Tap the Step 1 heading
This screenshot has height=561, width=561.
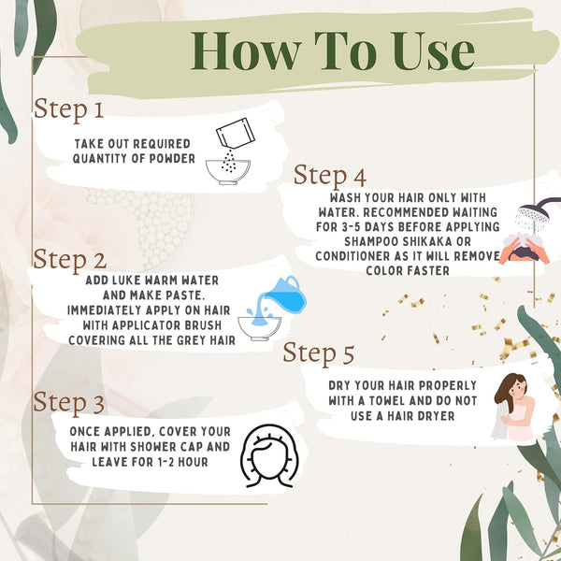click(x=68, y=109)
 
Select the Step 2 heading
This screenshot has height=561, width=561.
click(x=70, y=259)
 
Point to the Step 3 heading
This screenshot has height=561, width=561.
click(x=68, y=402)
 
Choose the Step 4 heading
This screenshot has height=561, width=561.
click(x=329, y=176)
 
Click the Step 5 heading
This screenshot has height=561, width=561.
click(x=319, y=353)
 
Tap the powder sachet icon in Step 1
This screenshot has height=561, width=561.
click(x=235, y=133)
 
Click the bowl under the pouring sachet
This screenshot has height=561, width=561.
click(x=228, y=172)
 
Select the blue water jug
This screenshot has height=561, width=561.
click(x=285, y=295)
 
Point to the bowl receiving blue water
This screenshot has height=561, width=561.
click(x=259, y=328)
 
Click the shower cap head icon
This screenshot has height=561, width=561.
click(x=270, y=455)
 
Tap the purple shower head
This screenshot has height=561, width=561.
click(x=538, y=210)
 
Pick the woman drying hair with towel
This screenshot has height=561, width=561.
click(x=513, y=407)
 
